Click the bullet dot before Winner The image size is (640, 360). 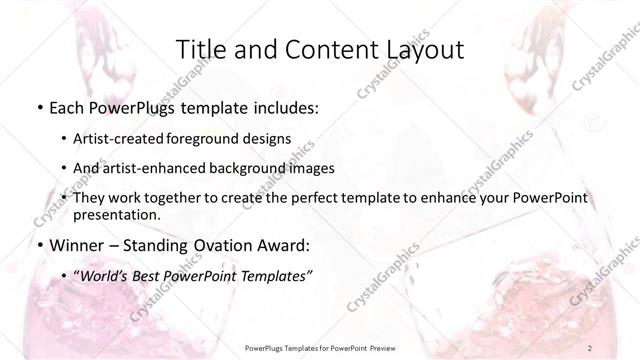point(38,243)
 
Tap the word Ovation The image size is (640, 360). point(216,243)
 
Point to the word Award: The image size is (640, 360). point(284,243)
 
